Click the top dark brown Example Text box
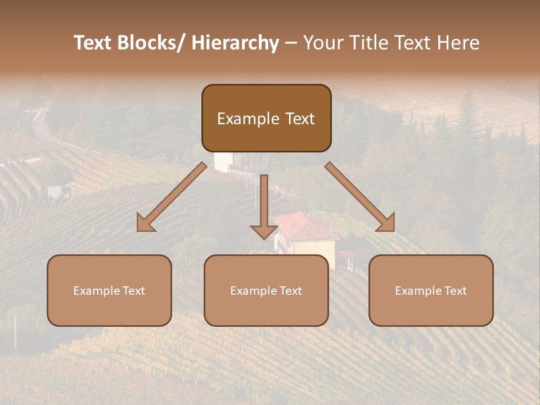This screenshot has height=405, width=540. tap(266, 118)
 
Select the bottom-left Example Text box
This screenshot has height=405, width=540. tap(109, 290)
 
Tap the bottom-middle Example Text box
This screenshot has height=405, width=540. tap(266, 290)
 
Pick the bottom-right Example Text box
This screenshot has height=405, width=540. tap(431, 290)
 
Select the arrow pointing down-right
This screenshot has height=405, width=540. tap(360, 197)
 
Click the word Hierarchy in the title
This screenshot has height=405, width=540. tap(235, 43)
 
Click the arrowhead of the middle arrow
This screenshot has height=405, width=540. tap(264, 231)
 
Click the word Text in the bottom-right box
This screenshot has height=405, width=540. tap(455, 290)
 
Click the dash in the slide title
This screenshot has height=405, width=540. tap(291, 43)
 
